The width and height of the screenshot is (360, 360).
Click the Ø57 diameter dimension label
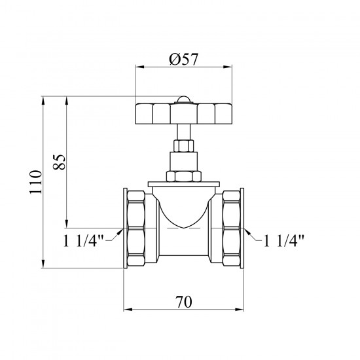tap(183, 59)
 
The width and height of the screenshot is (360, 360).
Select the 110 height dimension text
tap(36, 182)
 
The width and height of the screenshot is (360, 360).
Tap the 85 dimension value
tap(59, 162)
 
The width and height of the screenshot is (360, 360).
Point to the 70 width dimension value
tap(184, 302)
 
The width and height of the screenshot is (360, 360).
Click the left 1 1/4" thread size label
tap(84, 241)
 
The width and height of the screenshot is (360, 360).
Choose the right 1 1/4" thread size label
tap(283, 241)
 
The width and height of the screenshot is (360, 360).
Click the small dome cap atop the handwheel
tap(183, 99)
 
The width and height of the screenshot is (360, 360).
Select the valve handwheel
tap(183, 114)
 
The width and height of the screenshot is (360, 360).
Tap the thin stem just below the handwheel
tap(183, 132)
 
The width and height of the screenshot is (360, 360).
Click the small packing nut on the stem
tap(183, 145)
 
